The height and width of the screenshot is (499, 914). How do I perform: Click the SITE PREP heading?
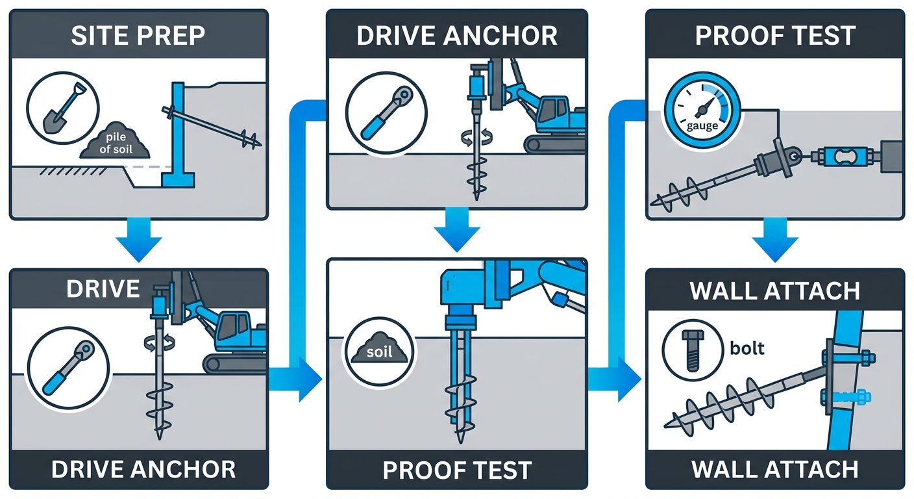point(138,34)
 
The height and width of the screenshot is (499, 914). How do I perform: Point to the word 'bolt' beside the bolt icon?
point(747,348)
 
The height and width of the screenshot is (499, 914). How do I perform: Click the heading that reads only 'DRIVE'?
point(103,288)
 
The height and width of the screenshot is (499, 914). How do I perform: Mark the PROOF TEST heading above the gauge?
point(774,35)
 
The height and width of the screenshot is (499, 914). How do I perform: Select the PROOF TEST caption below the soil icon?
point(457,470)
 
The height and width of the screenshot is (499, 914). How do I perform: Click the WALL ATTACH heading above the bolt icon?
point(774,290)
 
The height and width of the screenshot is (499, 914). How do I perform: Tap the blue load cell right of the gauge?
point(842,156)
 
